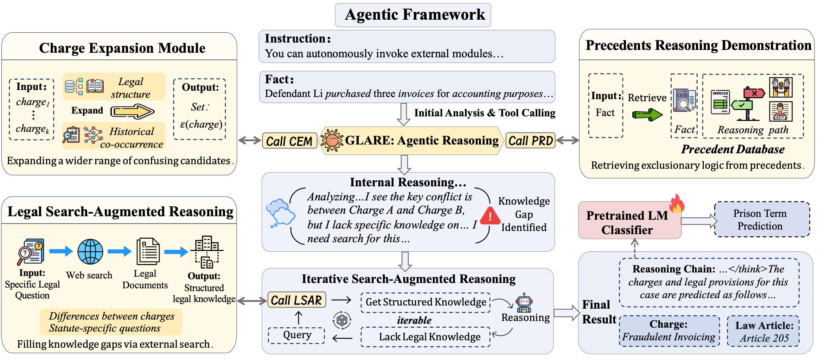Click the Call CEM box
[289, 141]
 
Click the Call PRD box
[530, 140]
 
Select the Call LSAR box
[296, 300]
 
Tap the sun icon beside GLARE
[332, 140]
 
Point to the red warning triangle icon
[490, 216]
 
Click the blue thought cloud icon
[281, 213]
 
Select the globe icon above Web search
[90, 252]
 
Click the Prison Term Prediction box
[762, 219]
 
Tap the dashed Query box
[296, 335]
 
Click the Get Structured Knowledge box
[426, 302]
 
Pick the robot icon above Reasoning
[524, 302]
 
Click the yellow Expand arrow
[133, 112]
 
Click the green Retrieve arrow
[647, 115]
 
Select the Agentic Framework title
[413, 15]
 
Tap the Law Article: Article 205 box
[763, 331]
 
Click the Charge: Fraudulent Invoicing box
[669, 331]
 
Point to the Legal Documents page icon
[148, 251]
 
